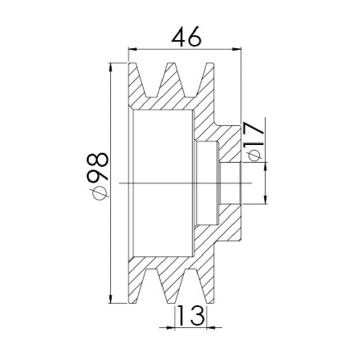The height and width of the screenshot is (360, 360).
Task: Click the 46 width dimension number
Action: (186, 36)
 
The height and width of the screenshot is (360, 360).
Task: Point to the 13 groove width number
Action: (191, 315)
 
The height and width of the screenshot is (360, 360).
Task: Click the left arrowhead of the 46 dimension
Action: (133, 49)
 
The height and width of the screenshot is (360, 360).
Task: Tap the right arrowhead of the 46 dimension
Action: (237, 49)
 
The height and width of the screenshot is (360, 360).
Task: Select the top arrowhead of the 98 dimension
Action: (111, 67)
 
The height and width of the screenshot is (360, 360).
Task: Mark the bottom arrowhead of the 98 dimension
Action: (111, 299)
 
